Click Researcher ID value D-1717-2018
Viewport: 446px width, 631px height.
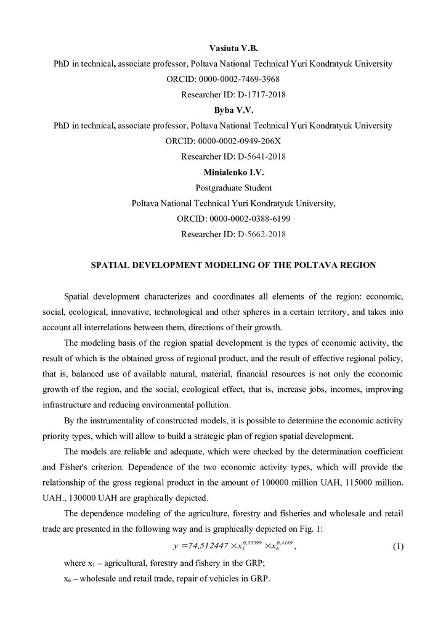261,95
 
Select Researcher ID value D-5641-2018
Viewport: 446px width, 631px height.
261,157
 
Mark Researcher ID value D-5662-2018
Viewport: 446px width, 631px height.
261,234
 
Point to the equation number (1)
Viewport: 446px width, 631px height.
398,545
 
